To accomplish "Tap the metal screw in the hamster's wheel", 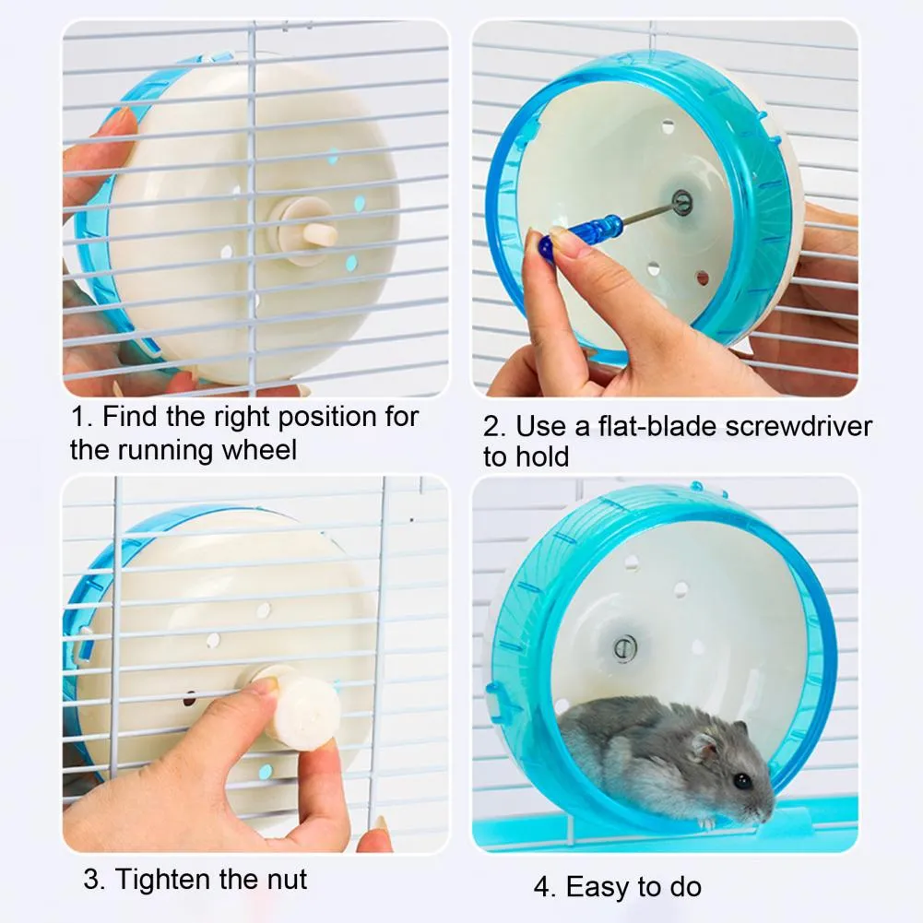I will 624,647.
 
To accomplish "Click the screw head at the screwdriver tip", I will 681,202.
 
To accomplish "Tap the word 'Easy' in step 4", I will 597,887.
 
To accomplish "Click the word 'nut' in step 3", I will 285,878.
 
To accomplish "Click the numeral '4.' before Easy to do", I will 545,887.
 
